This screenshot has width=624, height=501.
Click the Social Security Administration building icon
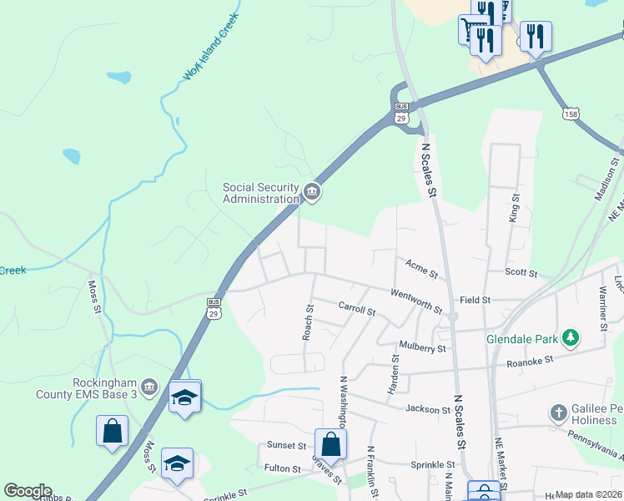pos(312,193)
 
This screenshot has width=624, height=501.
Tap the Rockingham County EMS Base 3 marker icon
pos(149,387)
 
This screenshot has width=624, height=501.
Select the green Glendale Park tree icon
pos(571,338)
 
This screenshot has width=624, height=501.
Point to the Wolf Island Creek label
pos(211,47)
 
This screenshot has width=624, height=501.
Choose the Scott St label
pos(521,273)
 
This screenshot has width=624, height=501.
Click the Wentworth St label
pos(417,300)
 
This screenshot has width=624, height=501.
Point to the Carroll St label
pos(357,309)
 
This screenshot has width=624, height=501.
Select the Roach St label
pos(308,321)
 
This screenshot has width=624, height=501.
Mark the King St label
pos(514,209)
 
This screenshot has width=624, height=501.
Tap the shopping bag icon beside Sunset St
pos(330,444)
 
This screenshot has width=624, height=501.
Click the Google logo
pos(28,491)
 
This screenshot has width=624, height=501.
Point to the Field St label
pos(475,300)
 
